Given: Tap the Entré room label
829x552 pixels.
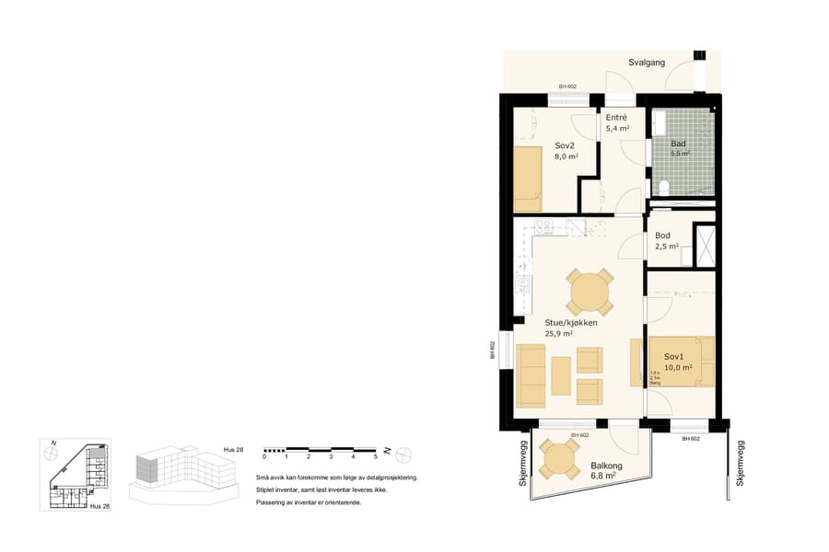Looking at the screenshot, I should coord(616,118).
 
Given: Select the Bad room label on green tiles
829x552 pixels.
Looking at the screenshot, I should coord(678,144).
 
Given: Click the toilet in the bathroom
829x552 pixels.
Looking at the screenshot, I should coord(665,188).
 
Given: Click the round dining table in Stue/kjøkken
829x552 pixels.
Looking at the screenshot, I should coord(590,293).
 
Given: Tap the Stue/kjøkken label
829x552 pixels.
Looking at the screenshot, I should coord(571,323).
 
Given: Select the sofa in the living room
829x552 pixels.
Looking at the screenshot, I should coord(531,375).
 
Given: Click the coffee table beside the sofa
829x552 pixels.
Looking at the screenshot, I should coord(561,375).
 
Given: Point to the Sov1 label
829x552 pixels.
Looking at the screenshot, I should coord(673,356).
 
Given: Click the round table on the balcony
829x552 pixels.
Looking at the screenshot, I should coord(558,458).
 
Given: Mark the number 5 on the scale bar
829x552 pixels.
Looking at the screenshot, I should coord(375,456).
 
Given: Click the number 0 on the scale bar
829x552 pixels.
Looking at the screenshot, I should coord(264,456).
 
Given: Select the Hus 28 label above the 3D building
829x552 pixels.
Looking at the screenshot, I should coord(234,449).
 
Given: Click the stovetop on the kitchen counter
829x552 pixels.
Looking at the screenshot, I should coord(542,228).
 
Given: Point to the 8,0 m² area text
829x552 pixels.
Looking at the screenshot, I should coord(566,157).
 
